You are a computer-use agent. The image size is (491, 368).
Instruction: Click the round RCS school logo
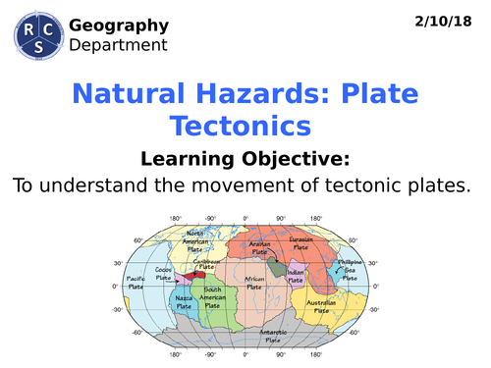pos(35,36)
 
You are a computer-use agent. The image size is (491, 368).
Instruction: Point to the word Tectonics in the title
pos(241,126)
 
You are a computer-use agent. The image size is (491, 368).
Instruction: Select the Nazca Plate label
pos(183,302)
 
